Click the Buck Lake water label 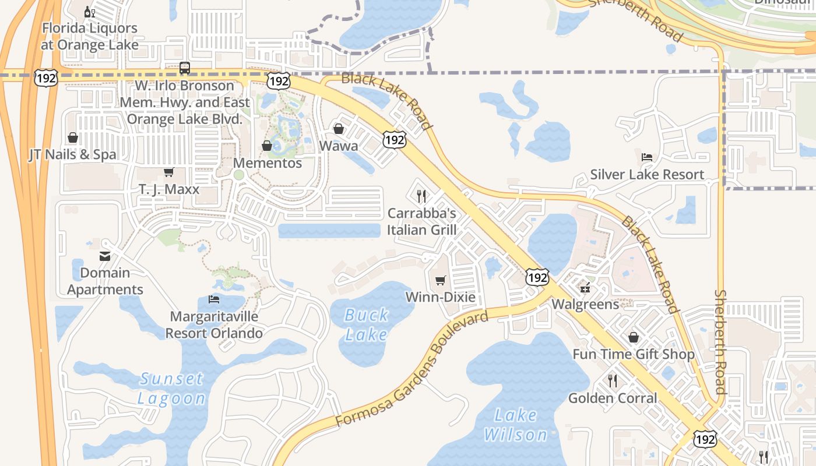(366, 324)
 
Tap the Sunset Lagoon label (172, 389)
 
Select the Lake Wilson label (516, 425)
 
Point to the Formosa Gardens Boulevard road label (412, 370)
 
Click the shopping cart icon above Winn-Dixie (441, 281)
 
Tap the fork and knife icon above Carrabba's (421, 196)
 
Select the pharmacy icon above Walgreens (585, 288)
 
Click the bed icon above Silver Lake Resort (646, 157)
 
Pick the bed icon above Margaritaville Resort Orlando (214, 299)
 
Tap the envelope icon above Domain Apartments (105, 256)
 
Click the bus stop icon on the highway (185, 68)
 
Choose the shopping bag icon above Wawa (339, 129)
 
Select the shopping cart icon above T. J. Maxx (169, 172)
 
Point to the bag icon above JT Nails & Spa (73, 138)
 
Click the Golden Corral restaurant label (613, 398)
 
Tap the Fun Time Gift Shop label (633, 354)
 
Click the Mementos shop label (268, 163)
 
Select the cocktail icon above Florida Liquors (89, 12)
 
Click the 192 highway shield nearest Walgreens (537, 277)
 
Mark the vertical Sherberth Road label (721, 342)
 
